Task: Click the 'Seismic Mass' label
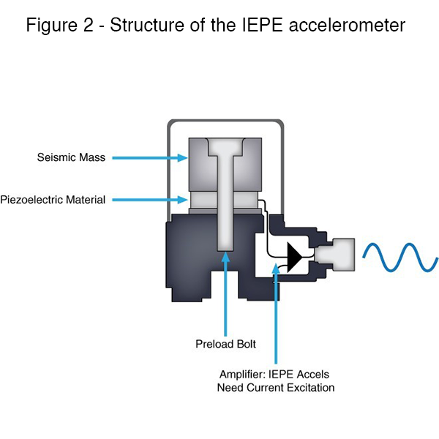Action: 71,157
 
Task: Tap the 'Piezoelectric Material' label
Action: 53,199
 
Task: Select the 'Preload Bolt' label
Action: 225,344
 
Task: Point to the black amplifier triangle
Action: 296,257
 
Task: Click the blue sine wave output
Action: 401,258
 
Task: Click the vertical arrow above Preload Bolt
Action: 226,293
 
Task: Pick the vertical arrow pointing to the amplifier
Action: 276,315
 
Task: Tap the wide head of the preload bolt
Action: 225,149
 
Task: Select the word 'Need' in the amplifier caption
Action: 231,388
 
